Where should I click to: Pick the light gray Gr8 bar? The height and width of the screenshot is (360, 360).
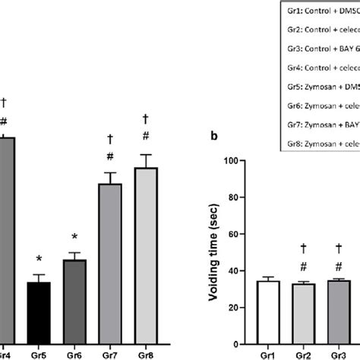pyautogui.click(x=145, y=254)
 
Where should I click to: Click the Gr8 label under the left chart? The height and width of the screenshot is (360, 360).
pyautogui.click(x=145, y=352)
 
